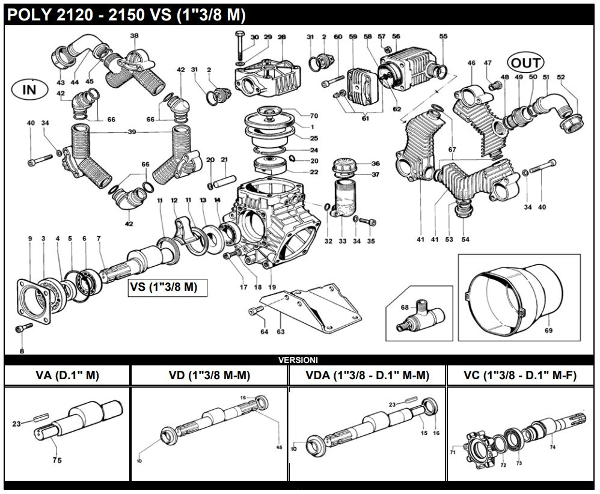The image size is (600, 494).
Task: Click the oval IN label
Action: coord(29,90)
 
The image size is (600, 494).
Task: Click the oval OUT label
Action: coord(525,63)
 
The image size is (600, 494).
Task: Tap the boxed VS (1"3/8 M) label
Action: coord(167,287)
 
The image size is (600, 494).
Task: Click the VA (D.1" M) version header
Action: coord(67,376)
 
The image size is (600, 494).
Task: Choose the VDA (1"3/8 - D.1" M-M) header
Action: coord(367,376)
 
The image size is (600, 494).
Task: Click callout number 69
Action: coord(548,330)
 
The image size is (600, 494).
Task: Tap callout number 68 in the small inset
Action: coord(405,307)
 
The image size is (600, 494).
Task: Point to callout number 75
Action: coord(57,460)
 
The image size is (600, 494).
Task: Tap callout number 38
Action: coord(134,35)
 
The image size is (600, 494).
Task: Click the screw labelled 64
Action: coord(256,310)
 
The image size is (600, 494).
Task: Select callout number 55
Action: coord(443,36)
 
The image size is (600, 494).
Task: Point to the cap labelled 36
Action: coord(346,165)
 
